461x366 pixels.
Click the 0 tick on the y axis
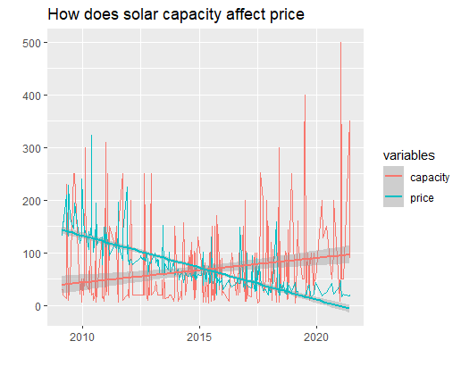43,306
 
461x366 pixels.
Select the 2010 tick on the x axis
82,337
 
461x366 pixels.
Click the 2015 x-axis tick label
199,337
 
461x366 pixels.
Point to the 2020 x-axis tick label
316,337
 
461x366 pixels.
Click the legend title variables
410,156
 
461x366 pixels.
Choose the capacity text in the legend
429,178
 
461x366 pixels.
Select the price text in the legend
422,198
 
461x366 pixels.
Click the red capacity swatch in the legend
394,178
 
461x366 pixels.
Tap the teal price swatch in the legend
394,198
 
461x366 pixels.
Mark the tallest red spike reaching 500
340,44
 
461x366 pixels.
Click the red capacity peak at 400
306,96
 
